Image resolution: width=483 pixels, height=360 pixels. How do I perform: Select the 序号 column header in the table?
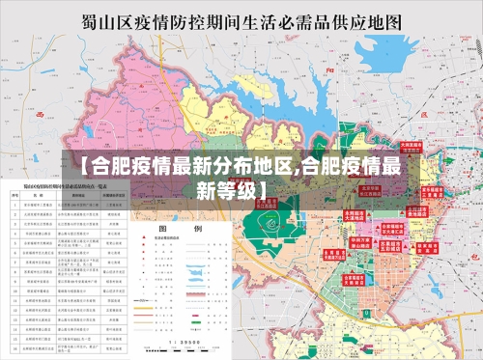point(15,194)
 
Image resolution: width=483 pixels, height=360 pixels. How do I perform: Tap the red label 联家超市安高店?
point(425,248)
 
